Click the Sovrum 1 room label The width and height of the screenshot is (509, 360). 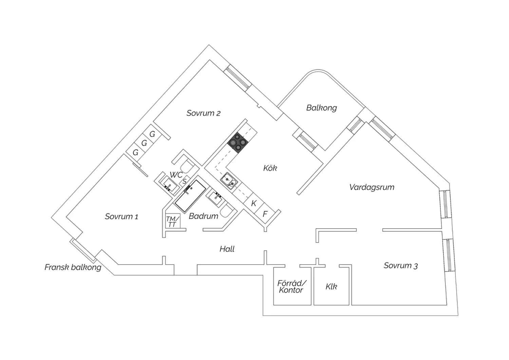[x=121, y=217]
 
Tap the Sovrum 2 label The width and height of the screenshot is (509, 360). [x=203, y=113]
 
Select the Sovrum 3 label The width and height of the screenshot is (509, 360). [x=400, y=266]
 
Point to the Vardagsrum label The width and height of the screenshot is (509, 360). [x=372, y=187]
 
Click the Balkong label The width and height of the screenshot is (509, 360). [x=321, y=108]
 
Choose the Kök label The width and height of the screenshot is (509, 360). [x=270, y=168]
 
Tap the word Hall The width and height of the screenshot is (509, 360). [x=227, y=249]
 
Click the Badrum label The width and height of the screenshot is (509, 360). [x=203, y=216]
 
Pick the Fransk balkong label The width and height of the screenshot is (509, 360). [x=73, y=267]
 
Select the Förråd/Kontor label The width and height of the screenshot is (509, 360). [x=291, y=287]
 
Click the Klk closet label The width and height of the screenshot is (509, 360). [x=331, y=287]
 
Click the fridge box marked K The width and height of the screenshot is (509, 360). [x=253, y=203]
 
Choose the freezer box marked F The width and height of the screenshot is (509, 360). [x=265, y=214]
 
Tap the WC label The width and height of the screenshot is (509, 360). [x=176, y=175]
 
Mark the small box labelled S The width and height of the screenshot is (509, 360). [x=184, y=181]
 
